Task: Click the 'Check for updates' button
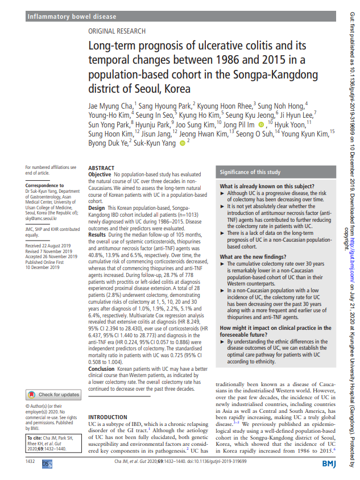pyautogui.click(x=54, y=379)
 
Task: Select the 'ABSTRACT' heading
pyautogui.click(x=102, y=168)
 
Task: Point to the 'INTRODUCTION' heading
pyautogui.click(x=108, y=402)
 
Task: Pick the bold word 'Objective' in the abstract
pyautogui.click(x=100, y=174)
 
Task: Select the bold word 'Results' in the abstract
pyautogui.click(x=98, y=234)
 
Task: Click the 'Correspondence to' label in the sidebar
pyautogui.click(x=44, y=186)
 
